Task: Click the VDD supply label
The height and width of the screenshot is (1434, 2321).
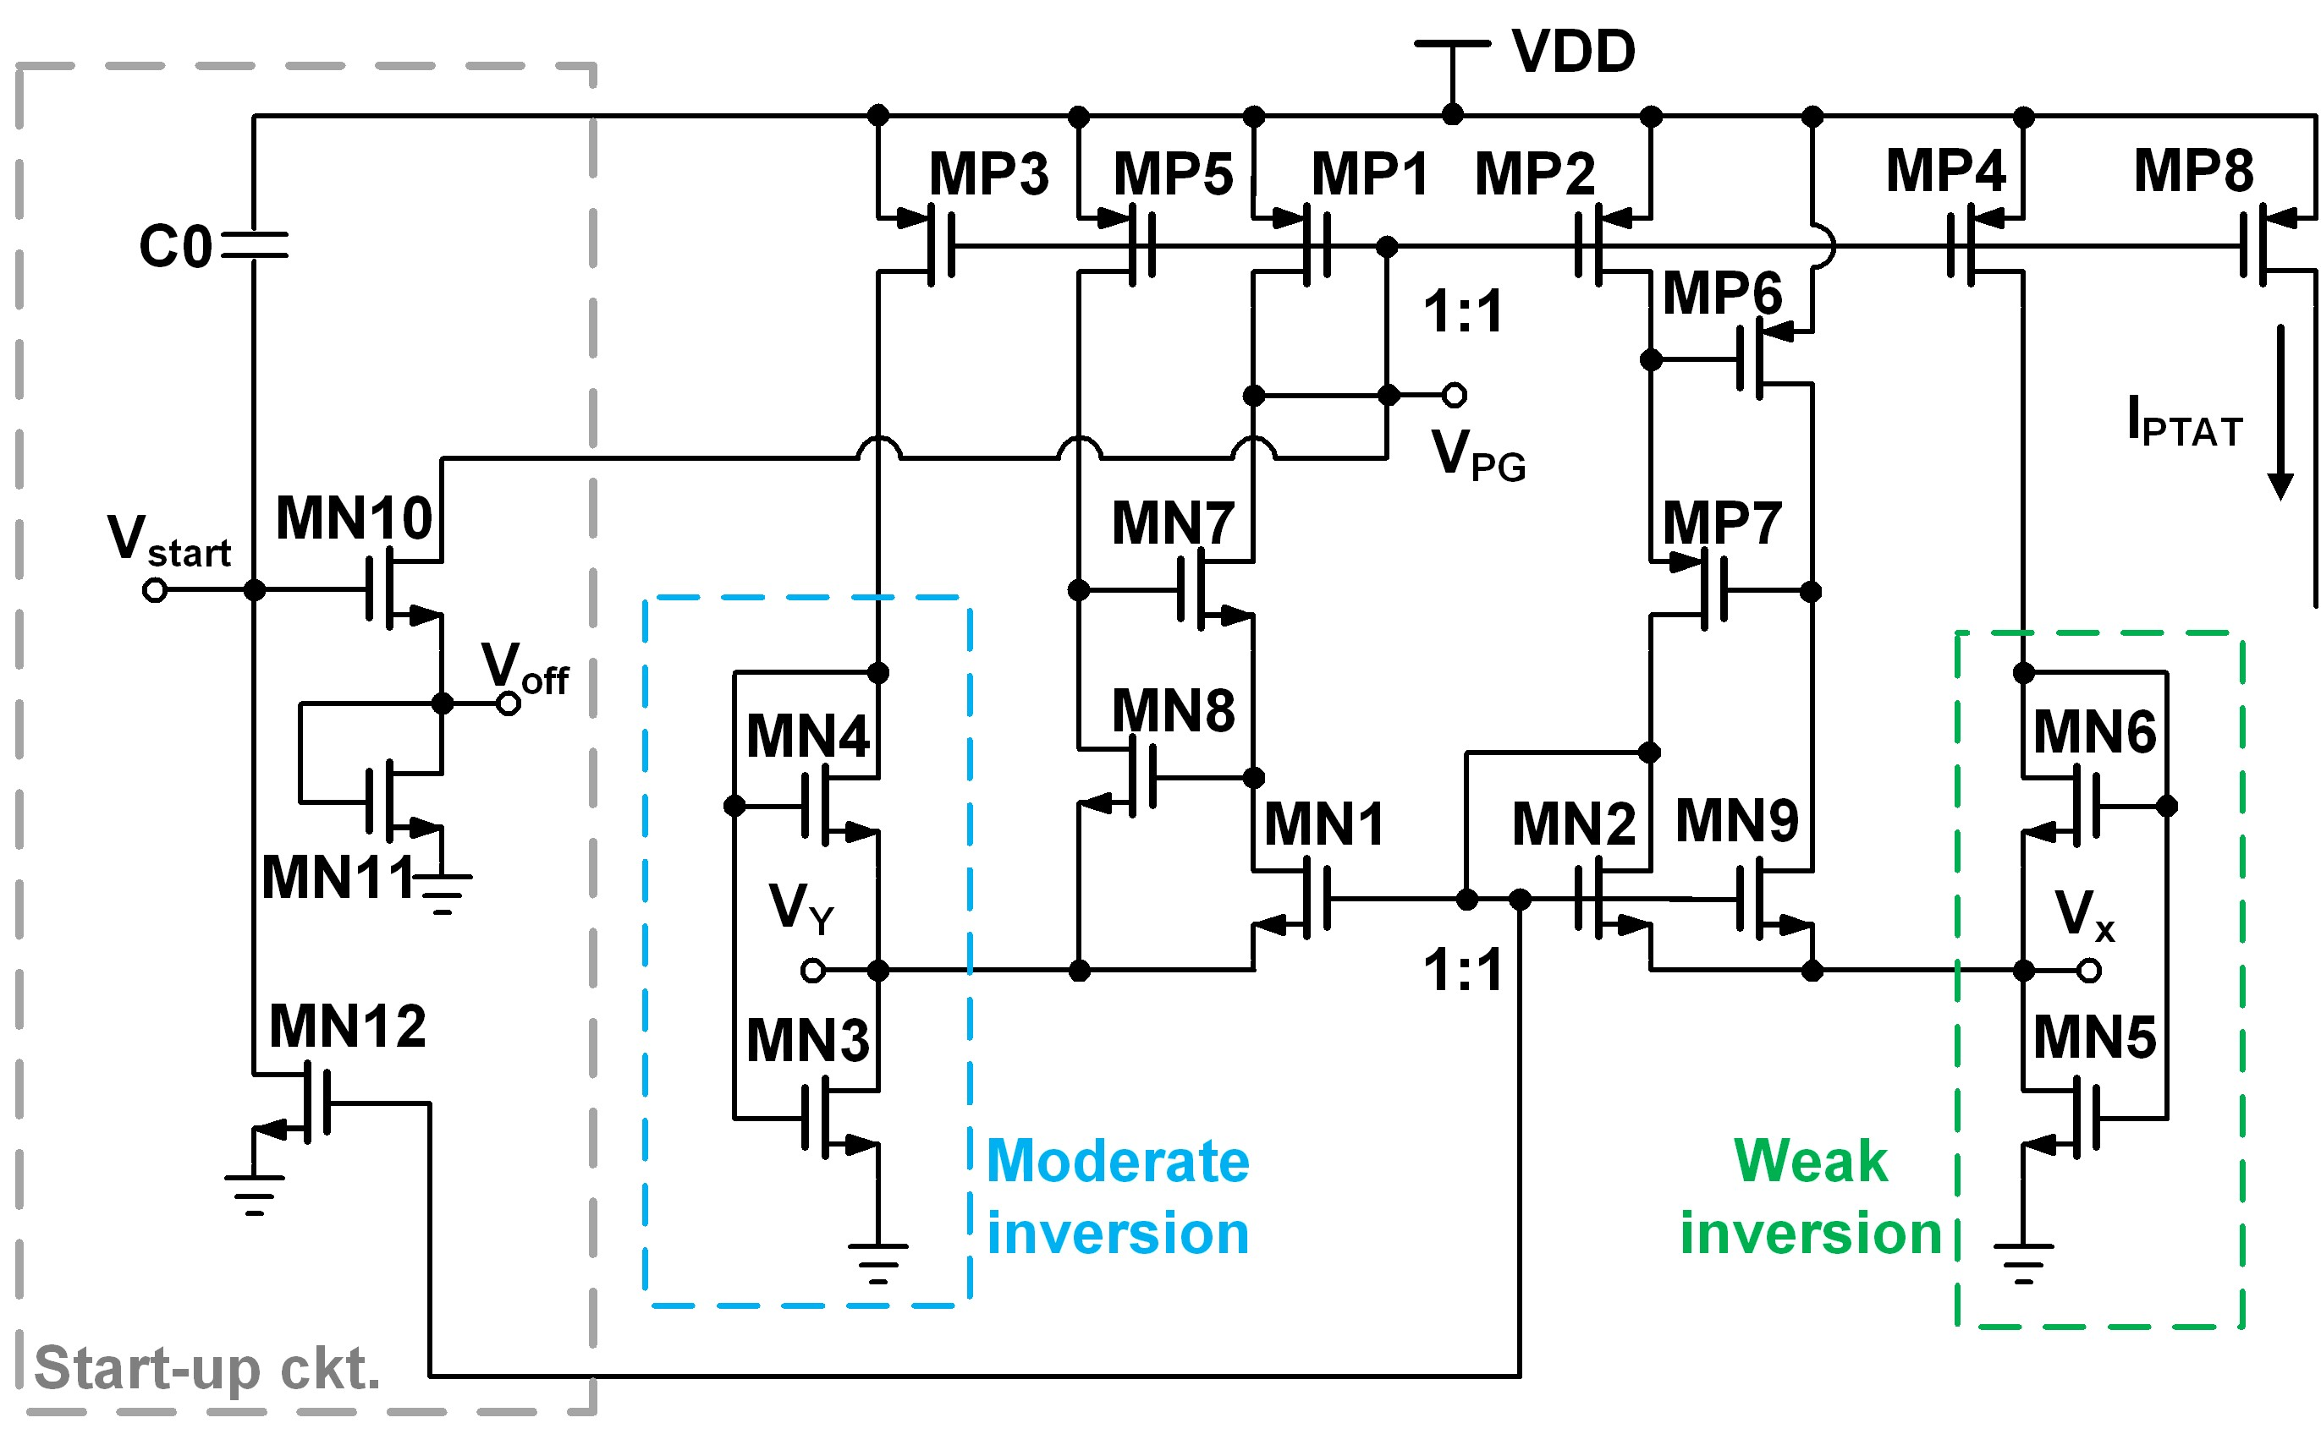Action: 1572,52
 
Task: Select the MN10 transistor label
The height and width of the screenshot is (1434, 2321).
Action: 353,519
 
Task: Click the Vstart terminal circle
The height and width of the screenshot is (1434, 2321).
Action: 155,591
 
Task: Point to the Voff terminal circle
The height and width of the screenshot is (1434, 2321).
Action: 509,703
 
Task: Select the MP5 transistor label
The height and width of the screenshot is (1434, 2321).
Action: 1172,174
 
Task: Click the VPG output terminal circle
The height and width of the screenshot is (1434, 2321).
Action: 1454,395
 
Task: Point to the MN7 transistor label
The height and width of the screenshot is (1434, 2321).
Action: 1172,523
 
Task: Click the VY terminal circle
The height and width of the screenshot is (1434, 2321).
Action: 812,970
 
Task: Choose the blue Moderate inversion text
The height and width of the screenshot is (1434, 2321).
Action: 1118,1197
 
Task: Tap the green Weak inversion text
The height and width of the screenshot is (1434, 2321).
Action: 1810,1197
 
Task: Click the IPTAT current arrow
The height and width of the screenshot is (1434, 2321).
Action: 2280,413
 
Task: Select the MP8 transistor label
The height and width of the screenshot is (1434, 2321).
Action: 2193,172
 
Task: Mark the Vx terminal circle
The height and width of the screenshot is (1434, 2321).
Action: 2088,970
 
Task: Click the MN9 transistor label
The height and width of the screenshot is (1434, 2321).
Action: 1735,821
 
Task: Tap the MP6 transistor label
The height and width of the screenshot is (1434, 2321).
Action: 1721,293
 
